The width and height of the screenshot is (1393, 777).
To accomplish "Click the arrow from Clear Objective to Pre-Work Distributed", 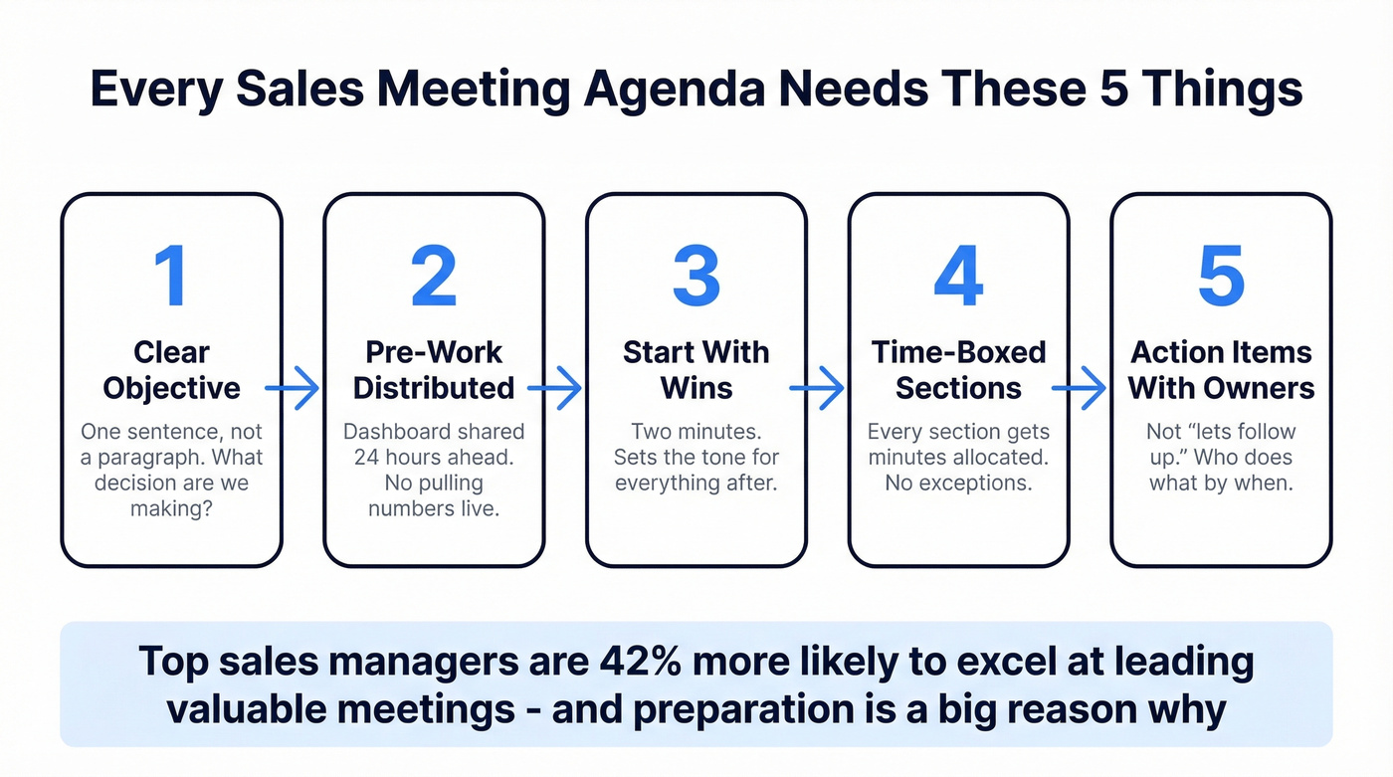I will tap(293, 388).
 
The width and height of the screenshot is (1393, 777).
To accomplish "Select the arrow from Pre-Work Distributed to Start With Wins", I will tap(555, 388).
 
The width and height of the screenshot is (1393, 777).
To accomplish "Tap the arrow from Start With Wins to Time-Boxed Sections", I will tap(817, 388).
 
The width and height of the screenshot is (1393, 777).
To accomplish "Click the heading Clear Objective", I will tap(171, 370).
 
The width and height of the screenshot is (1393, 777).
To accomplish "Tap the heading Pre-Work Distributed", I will tap(434, 370).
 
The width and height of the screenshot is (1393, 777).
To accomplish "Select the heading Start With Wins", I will tap(696, 370).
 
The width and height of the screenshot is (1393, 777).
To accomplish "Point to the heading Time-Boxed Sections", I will tap(958, 370).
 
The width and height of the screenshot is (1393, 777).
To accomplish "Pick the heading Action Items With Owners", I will tap(1221, 370).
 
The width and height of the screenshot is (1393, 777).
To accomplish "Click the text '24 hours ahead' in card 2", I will tap(434, 458).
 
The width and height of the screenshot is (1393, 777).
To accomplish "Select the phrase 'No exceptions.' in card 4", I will tap(958, 484).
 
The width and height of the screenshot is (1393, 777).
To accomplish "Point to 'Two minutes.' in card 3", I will tap(696, 432).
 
